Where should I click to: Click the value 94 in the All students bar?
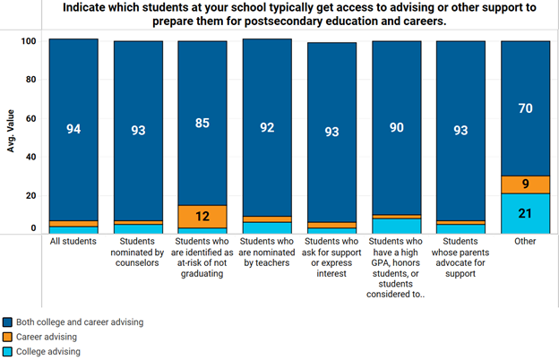tap(73, 129)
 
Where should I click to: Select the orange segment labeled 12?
tap(202, 216)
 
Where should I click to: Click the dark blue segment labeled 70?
tap(525, 109)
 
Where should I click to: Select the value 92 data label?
tap(267, 128)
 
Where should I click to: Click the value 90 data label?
tap(396, 128)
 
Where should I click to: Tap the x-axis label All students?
tap(73, 241)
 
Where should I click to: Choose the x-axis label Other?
tap(525, 241)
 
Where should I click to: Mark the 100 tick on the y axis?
tap(29, 41)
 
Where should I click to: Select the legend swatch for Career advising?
tap(8, 336)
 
